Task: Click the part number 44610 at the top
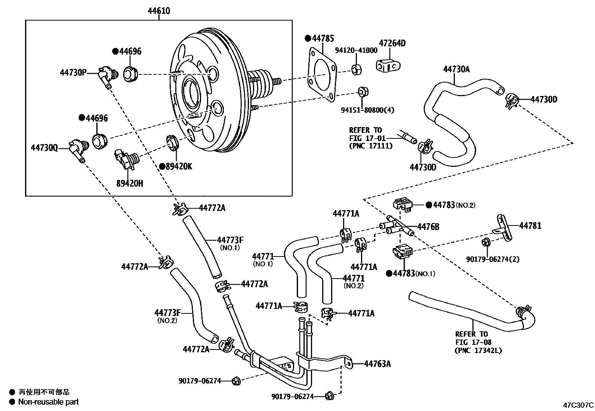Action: [158, 11]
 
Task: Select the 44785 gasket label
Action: [323, 38]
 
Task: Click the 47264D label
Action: [392, 43]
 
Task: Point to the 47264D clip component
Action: [388, 66]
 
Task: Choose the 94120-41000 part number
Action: [356, 50]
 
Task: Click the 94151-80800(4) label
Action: [367, 110]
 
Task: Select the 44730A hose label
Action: [456, 69]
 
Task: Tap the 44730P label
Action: [73, 72]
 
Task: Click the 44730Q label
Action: [44, 148]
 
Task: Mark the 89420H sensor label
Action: [129, 183]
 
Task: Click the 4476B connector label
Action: [428, 227]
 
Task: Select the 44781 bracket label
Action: [530, 226]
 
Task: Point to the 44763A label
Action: [377, 364]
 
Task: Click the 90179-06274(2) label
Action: [493, 259]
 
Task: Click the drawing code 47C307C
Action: [579, 405]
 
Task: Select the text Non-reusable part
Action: [49, 402]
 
